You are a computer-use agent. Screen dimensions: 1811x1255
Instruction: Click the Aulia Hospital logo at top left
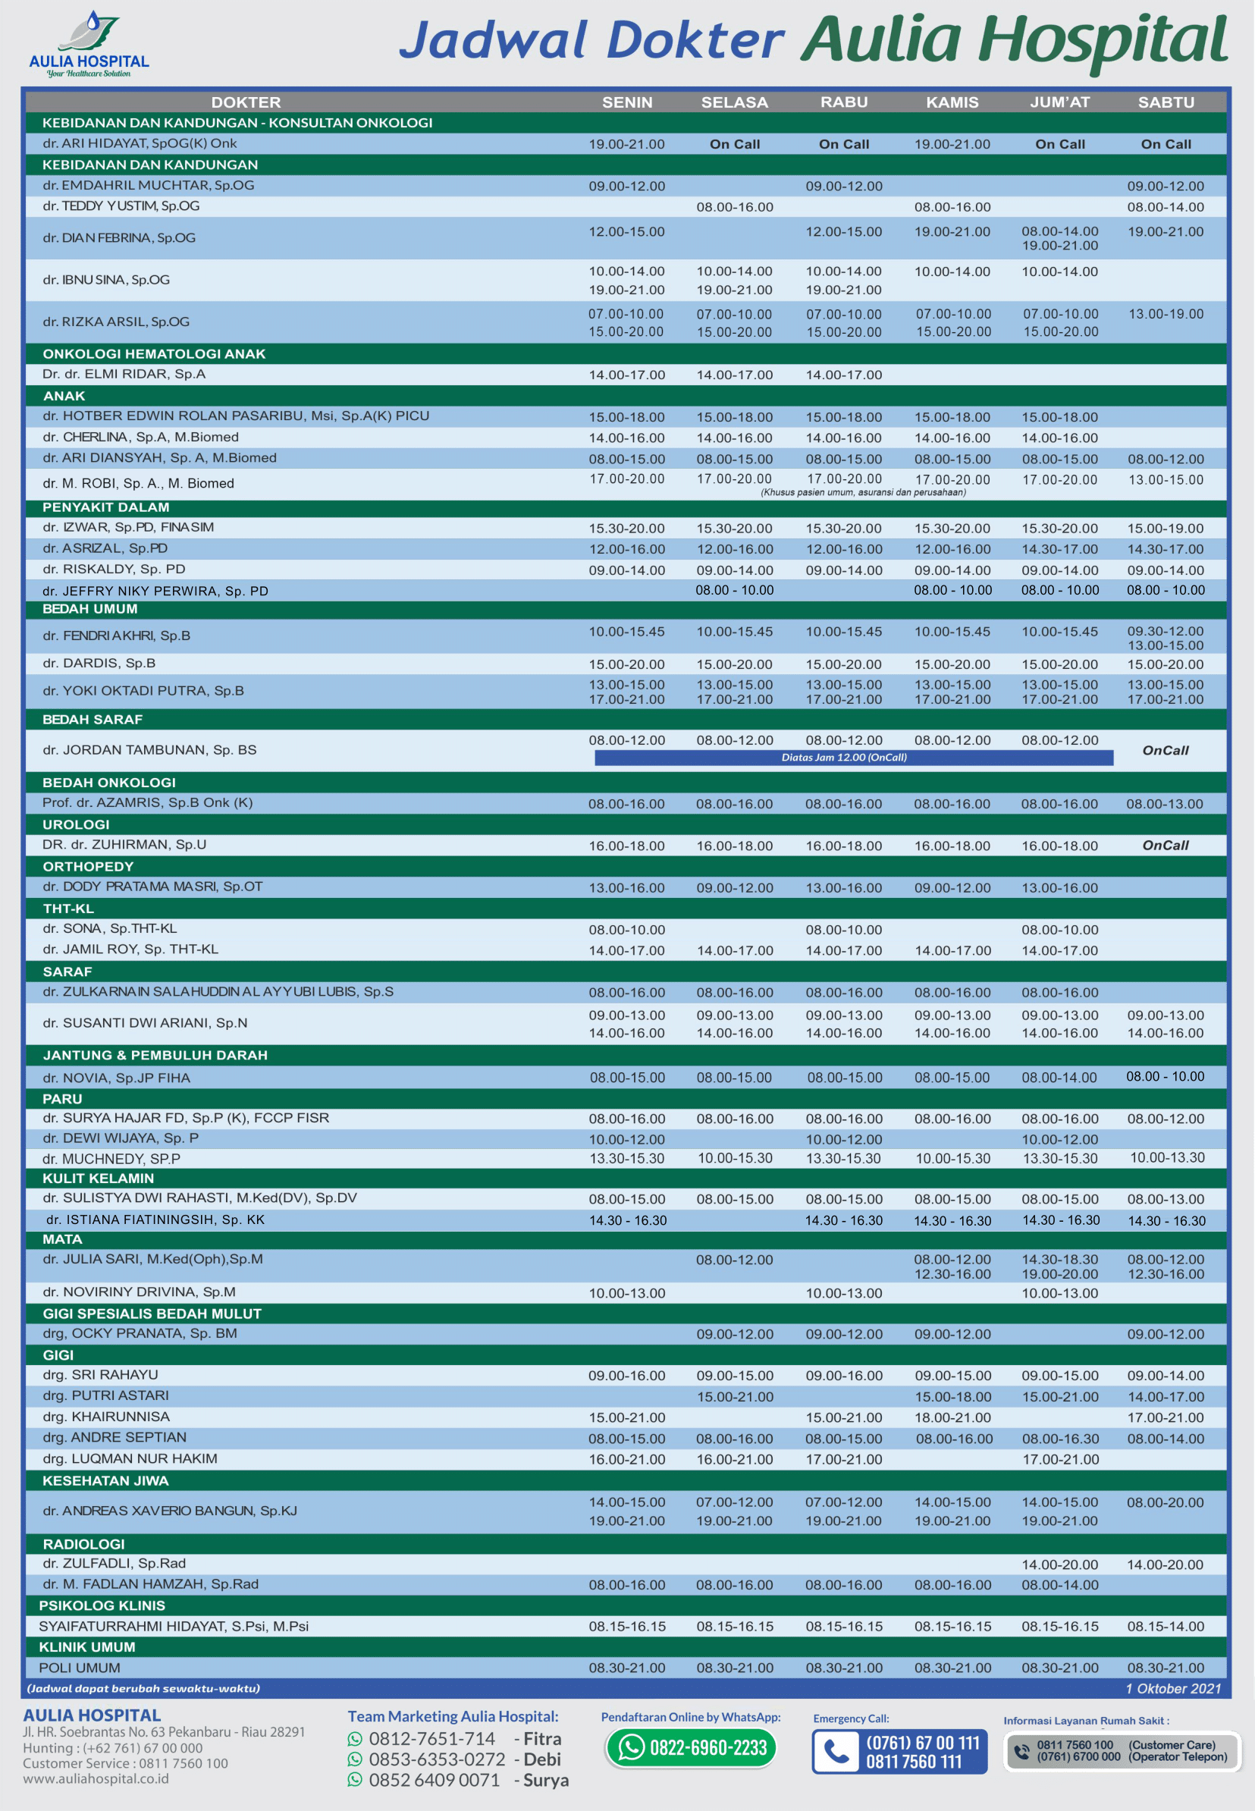(x=88, y=43)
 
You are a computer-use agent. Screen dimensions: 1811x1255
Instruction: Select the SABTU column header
(x=1166, y=102)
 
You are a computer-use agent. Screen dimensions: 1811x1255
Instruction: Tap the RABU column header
(x=844, y=102)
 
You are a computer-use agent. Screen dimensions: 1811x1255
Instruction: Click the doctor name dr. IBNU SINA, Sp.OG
(x=106, y=280)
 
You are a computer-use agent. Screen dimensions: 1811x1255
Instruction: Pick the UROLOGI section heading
(x=77, y=824)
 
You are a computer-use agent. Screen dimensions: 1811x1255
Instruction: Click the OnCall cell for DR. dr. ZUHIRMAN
(x=1166, y=846)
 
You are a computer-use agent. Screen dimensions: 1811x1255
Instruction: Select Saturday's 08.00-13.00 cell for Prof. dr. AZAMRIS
(x=1165, y=804)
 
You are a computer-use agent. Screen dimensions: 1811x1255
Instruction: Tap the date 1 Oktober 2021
(x=1173, y=1688)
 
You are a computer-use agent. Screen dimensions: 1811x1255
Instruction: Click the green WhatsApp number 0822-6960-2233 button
(x=691, y=1747)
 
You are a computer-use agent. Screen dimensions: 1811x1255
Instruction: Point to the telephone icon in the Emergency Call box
(x=835, y=1752)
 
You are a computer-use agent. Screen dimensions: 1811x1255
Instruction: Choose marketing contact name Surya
(x=546, y=1780)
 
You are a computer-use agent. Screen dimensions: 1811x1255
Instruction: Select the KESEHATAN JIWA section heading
(x=105, y=1480)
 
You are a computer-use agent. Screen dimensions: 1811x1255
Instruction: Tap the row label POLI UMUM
(x=80, y=1668)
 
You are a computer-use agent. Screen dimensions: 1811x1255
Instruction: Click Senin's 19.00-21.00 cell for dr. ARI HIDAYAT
(x=626, y=144)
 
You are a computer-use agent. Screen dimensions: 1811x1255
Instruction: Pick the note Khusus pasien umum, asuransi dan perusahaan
(x=863, y=492)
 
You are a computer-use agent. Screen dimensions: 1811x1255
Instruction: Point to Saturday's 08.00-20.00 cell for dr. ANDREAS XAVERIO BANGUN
(x=1165, y=1502)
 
